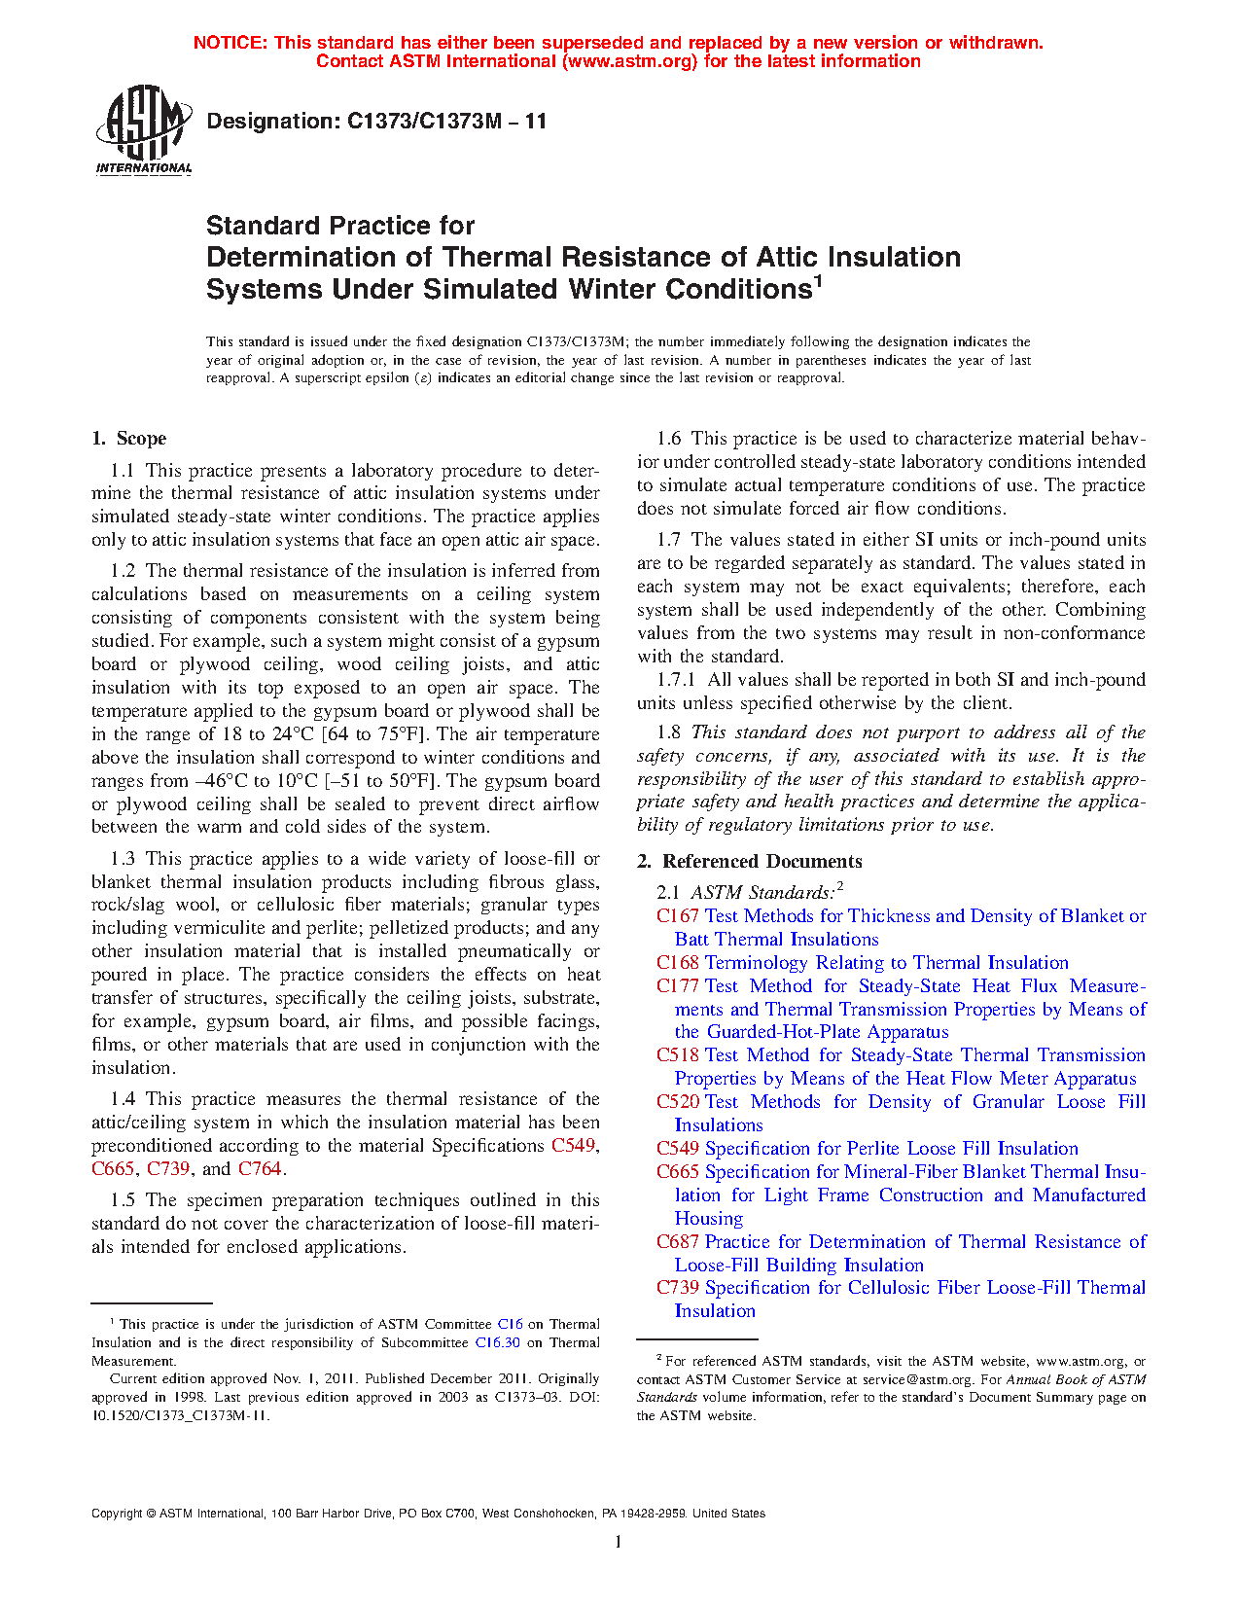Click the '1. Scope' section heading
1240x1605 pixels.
pos(128,439)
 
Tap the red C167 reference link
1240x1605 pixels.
pos(677,916)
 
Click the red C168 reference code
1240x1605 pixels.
pos(677,963)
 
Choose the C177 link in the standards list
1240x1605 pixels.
pos(677,986)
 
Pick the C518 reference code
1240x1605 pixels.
pos(677,1055)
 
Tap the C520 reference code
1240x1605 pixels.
pos(677,1102)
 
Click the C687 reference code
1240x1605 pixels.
pos(677,1242)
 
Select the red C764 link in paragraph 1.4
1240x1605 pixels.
pos(260,1169)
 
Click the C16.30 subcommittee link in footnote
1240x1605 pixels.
pos(497,1343)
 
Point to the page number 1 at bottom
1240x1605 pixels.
pos(619,1541)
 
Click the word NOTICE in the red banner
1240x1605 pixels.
pos(230,43)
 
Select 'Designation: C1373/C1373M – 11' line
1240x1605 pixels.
pos(376,122)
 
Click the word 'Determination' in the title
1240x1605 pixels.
pos(320,258)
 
